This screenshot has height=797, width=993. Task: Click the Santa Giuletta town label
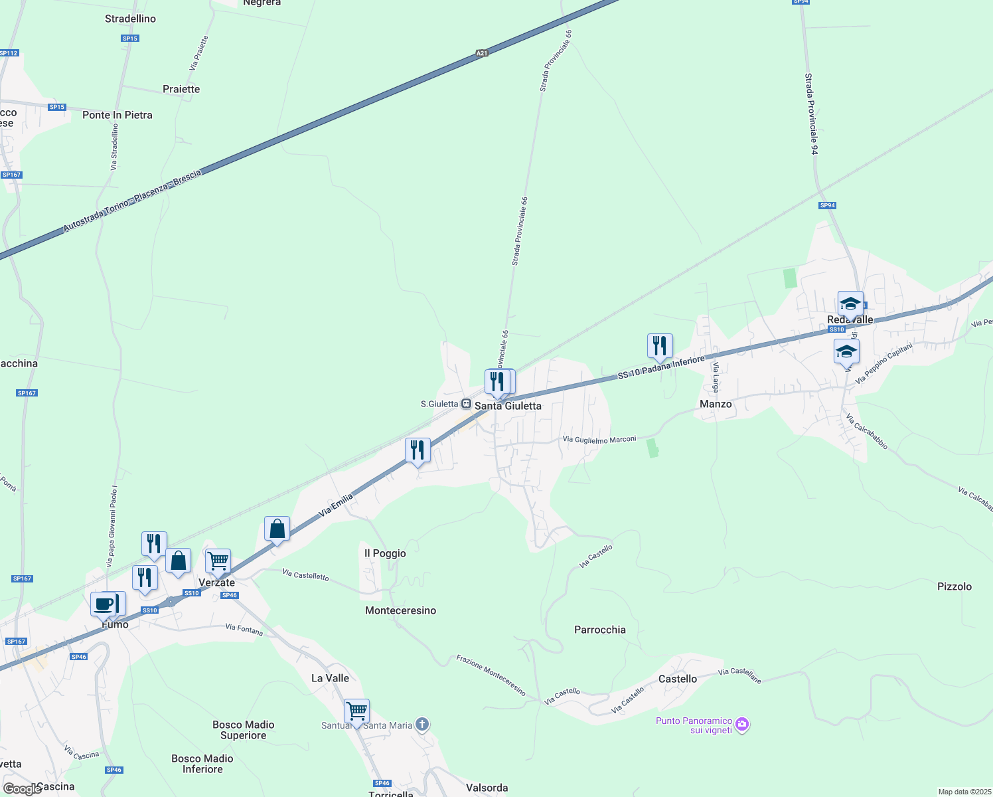point(508,406)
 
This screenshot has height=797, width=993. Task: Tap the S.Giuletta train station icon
point(467,404)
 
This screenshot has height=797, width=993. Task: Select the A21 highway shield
point(482,53)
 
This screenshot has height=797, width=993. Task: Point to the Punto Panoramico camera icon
point(743,725)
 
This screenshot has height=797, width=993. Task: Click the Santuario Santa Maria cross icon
point(422,725)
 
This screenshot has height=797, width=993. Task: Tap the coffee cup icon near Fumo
point(103,604)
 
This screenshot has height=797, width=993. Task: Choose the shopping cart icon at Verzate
point(218,561)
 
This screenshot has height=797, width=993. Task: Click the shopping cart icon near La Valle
point(357,711)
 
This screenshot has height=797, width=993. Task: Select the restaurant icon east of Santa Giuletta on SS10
point(660,346)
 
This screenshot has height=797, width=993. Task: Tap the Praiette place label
point(181,89)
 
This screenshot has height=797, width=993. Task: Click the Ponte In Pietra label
point(117,115)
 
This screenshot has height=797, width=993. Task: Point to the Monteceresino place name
point(401,610)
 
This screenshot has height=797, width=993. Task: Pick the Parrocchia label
point(600,630)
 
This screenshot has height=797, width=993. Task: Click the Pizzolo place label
point(955,586)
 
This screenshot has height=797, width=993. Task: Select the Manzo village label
point(716,404)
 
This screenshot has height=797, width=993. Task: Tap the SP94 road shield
point(827,205)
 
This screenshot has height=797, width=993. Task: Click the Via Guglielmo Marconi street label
point(599,439)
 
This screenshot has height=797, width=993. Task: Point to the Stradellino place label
point(130,19)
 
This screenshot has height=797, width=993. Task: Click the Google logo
point(22,789)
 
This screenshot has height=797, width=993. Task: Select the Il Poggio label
point(385,553)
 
